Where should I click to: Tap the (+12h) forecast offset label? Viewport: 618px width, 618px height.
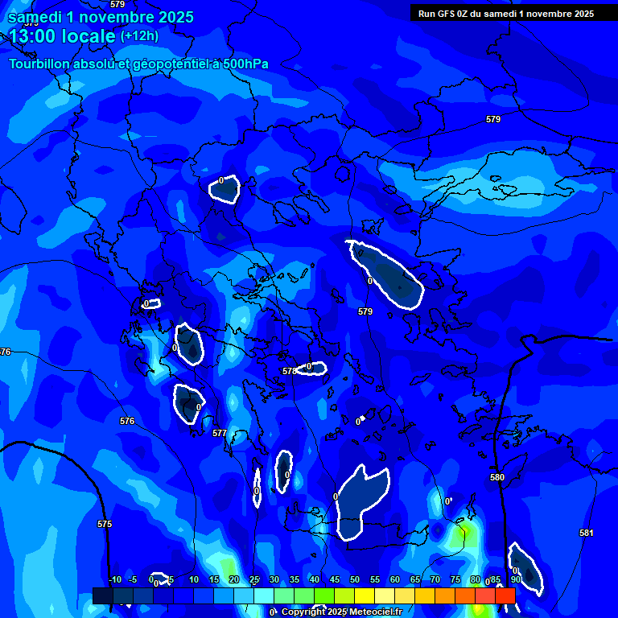pyautogui.click(x=139, y=36)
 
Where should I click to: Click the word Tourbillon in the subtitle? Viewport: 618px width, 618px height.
pyautogui.click(x=39, y=64)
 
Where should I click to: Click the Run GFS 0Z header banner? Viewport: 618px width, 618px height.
pyautogui.click(x=506, y=13)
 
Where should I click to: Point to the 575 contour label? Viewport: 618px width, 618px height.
pyautogui.click(x=105, y=524)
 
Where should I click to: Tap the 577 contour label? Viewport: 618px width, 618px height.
pyautogui.click(x=220, y=433)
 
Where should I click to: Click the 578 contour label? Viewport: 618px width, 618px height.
pyautogui.click(x=290, y=371)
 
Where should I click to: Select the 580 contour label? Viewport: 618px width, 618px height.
pyautogui.click(x=497, y=477)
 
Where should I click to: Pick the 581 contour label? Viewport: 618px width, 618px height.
pyautogui.click(x=586, y=533)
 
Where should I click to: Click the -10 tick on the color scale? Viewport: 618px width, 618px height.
pyautogui.click(x=114, y=579)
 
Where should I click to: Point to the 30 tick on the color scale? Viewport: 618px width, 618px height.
pyautogui.click(x=274, y=579)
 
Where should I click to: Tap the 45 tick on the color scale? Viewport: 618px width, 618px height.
pyautogui.click(x=335, y=579)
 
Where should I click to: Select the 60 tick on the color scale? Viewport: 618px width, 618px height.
pyautogui.click(x=395, y=579)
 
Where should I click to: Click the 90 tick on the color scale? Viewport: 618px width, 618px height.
pyautogui.click(x=515, y=579)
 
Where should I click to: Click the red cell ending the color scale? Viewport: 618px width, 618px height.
pyautogui.click(x=505, y=595)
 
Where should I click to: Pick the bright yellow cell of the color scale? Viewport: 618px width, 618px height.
pyautogui.click(x=364, y=595)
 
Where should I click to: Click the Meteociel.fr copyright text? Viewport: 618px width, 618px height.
pyautogui.click(x=326, y=612)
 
